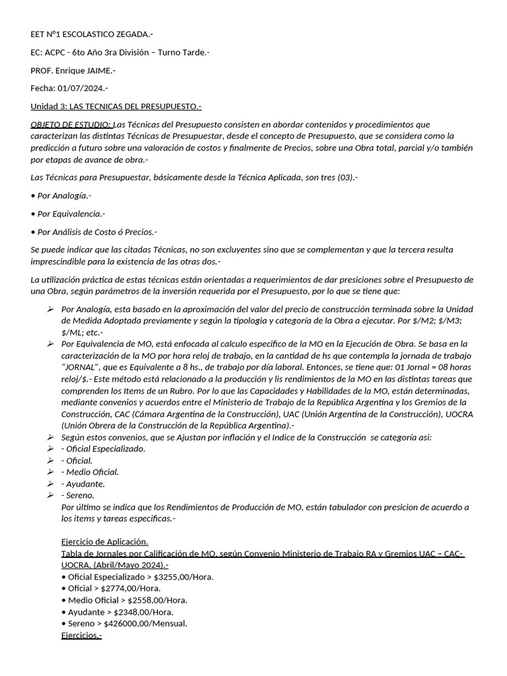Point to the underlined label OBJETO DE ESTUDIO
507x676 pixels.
click(71, 124)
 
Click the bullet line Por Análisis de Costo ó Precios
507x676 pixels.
click(94, 232)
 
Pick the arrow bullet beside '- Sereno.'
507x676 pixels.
click(51, 495)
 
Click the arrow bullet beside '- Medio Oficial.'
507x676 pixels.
click(51, 472)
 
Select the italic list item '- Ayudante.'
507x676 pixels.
click(83, 484)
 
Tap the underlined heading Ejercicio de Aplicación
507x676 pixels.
click(104, 541)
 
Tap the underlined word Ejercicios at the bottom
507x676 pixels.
click(81, 635)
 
